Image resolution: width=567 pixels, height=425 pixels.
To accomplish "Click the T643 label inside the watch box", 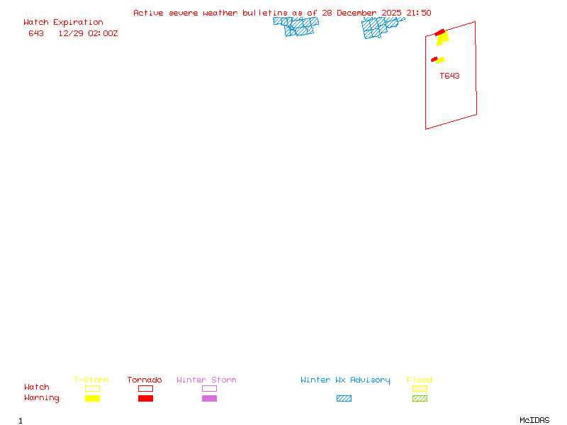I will coord(449,76).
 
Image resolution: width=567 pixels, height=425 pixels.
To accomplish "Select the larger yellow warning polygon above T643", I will coord(443,39).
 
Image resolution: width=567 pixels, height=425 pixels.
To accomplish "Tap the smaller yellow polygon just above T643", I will coord(440,60).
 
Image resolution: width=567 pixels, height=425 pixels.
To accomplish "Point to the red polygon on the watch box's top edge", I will coord(440,33).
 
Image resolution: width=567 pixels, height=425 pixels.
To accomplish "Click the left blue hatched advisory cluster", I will coord(296,26).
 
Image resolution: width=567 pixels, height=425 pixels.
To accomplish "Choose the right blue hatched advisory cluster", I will coord(381,27).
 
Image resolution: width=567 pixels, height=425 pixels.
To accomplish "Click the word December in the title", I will coord(358,13).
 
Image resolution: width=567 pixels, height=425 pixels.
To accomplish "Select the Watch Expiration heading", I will coord(63,23).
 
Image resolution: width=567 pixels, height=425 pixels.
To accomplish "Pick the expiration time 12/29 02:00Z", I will coord(88,33).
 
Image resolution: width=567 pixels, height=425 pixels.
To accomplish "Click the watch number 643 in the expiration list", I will coord(36,33).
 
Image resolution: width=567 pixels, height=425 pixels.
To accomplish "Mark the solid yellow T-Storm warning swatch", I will coord(92,399).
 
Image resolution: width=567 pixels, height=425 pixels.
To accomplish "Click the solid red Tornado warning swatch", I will coord(145,399).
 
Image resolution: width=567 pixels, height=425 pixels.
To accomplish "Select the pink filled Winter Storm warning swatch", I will coord(209,399).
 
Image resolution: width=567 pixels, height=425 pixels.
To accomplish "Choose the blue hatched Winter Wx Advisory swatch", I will coord(344,399).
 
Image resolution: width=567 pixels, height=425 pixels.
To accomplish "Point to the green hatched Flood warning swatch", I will coord(420,399).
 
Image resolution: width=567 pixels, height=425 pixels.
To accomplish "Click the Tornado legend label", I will coord(145,380).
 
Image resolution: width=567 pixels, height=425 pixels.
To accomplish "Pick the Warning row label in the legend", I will coord(42,398).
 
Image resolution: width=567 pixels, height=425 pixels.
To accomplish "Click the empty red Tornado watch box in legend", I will coord(145,388).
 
